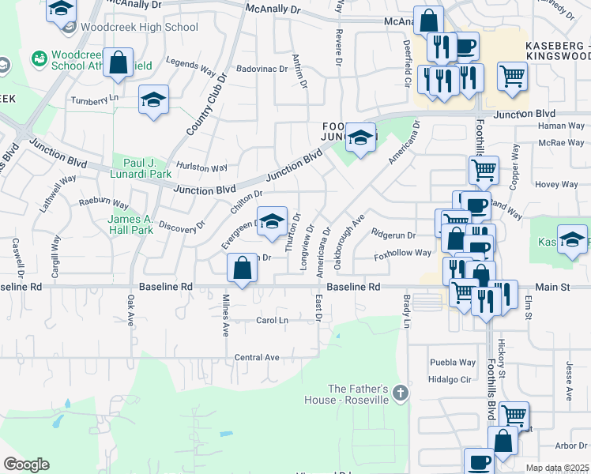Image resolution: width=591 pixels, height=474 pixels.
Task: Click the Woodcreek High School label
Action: [139, 27]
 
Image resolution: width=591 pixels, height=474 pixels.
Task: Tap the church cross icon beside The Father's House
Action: [401, 393]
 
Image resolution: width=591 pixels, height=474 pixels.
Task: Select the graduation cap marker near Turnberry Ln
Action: [153, 100]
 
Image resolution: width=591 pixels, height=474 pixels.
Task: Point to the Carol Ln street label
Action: [272, 320]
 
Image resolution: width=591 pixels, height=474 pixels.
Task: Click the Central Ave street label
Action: [257, 358]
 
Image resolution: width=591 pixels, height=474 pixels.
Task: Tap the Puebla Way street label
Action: [453, 363]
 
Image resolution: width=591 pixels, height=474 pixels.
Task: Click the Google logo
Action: [26, 465]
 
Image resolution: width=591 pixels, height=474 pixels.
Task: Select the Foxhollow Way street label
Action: [402, 253]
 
